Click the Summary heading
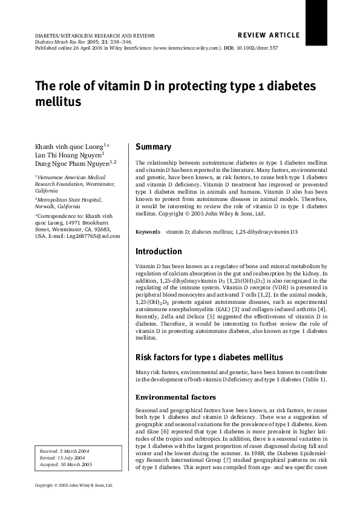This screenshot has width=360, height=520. (153, 147)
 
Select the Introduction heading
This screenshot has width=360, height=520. (159, 251)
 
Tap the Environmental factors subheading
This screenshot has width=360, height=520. (175, 398)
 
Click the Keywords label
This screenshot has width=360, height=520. (148, 232)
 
